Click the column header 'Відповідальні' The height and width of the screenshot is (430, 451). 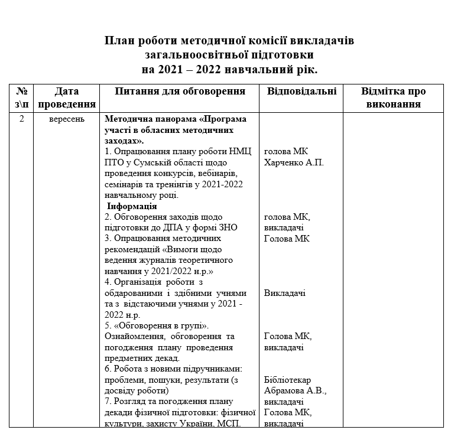tap(301, 92)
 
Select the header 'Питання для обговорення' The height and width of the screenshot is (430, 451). tap(180, 92)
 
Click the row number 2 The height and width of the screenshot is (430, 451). tap(22, 119)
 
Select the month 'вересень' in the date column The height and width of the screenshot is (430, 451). tap(66, 119)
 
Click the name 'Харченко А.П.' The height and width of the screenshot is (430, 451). tap(294, 162)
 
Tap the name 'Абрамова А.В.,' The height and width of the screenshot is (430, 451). tap(295, 390)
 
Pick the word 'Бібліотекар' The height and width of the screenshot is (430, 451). tap(287, 380)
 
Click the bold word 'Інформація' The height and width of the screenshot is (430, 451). tap(132, 206)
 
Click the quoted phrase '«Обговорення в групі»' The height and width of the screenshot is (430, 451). tap(155, 325)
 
